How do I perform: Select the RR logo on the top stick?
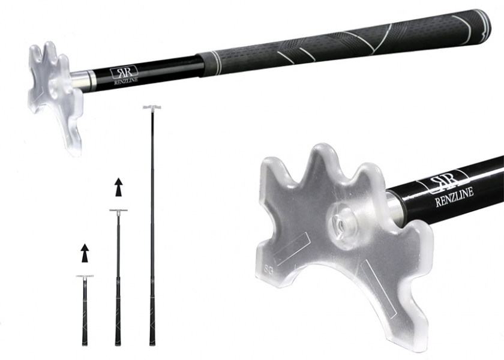[124, 73]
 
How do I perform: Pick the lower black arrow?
[85, 253]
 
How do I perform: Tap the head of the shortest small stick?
[85, 276]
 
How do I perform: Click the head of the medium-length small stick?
[118, 210]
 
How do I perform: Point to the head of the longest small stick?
[152, 107]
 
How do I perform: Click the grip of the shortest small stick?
[85, 327]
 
